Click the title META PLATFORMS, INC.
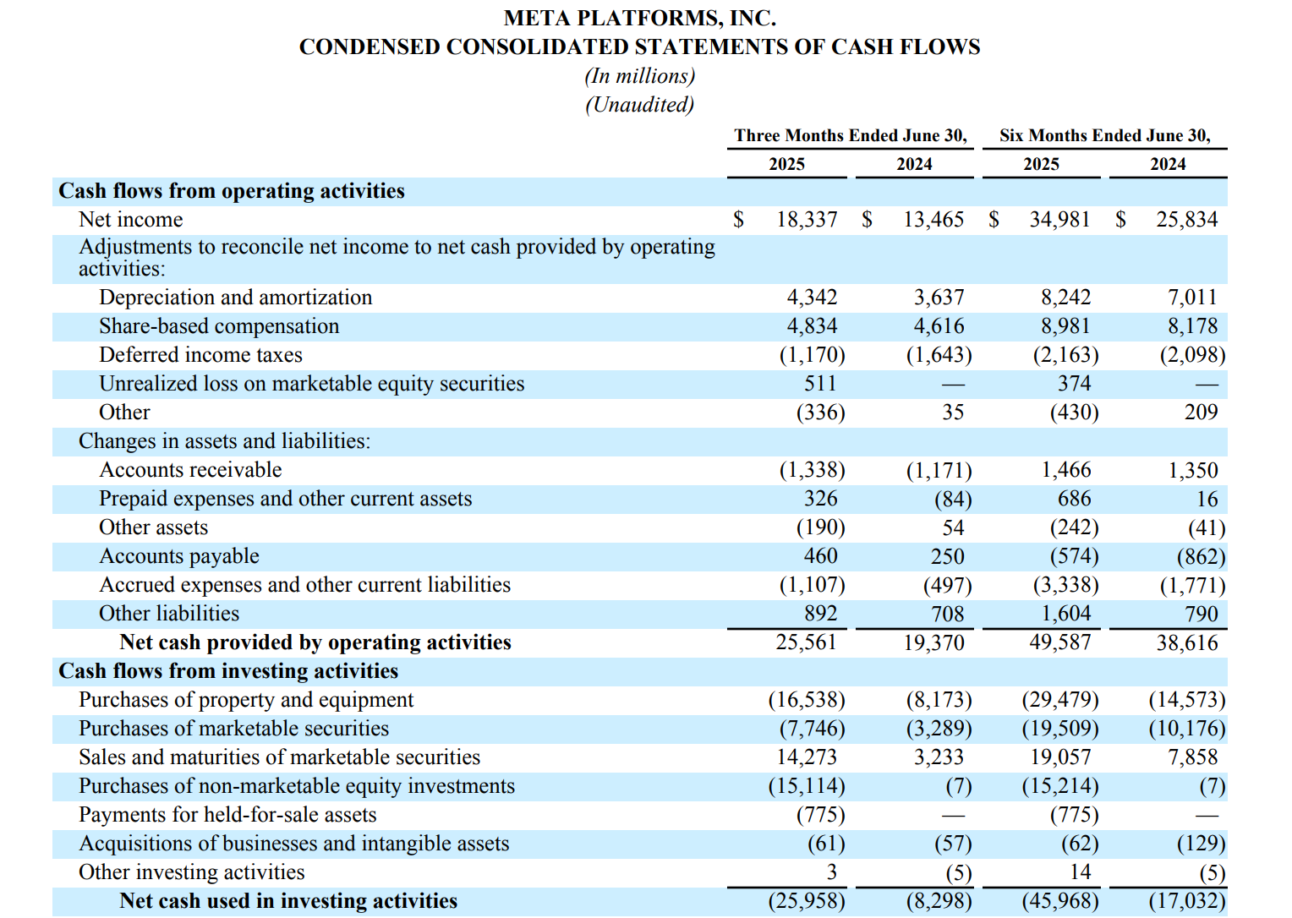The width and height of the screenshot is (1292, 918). [x=639, y=18]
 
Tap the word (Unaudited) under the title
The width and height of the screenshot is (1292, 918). [x=639, y=105]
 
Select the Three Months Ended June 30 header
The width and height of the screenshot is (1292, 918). [x=850, y=135]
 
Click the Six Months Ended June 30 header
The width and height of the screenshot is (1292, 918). [x=1104, y=135]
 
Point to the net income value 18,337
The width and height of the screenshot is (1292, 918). [x=807, y=220]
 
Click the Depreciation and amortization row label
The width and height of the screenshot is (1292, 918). [x=235, y=298]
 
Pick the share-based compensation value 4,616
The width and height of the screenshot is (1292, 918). [x=939, y=326]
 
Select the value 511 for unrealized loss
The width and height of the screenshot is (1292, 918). [x=820, y=384]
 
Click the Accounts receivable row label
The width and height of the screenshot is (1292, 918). [x=190, y=470]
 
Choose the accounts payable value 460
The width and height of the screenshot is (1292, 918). [x=820, y=556]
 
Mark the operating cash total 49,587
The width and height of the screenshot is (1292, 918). [x=1059, y=642]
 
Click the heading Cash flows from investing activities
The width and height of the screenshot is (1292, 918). [x=228, y=671]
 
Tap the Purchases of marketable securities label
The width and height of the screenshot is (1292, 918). [x=233, y=729]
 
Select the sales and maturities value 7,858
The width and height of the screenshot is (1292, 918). [x=1192, y=757]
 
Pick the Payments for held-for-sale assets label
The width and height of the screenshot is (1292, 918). [x=227, y=815]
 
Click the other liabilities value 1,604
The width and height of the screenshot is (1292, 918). [x=1065, y=614]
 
